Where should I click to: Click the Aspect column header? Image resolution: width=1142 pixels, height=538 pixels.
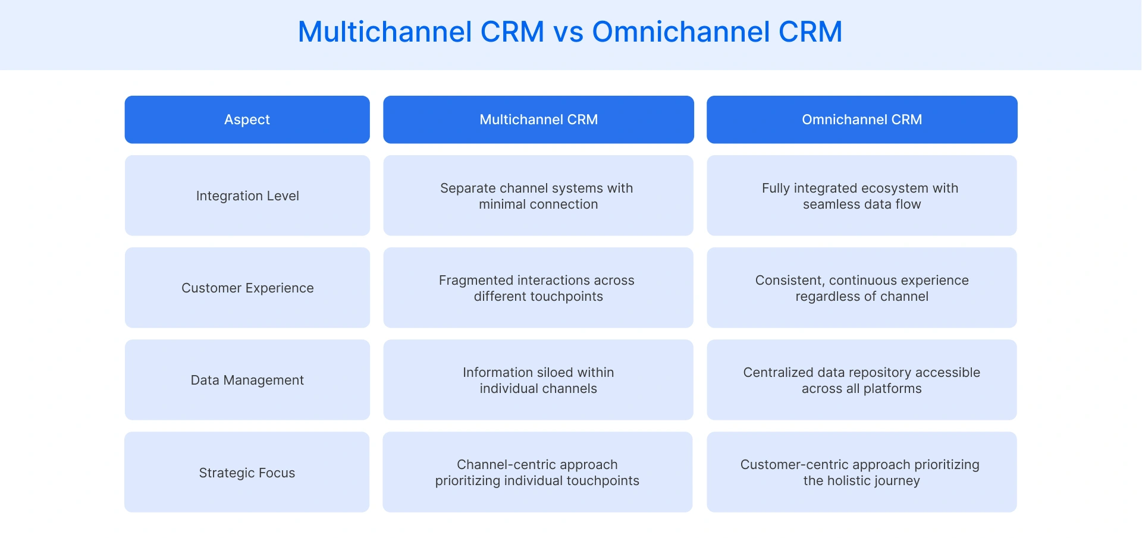point(247,119)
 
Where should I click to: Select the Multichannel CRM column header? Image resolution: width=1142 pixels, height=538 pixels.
point(538,119)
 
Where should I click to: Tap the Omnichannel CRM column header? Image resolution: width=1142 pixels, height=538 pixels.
point(862,119)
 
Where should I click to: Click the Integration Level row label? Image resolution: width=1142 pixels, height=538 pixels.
point(247,196)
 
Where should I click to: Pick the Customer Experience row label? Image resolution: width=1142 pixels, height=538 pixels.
point(247,288)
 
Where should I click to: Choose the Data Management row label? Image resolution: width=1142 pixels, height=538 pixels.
point(247,380)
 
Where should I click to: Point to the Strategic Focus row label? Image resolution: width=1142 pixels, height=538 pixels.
point(247,473)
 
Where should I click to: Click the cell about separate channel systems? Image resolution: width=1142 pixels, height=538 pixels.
point(538,196)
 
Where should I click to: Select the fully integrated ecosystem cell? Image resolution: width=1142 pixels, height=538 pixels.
point(862,196)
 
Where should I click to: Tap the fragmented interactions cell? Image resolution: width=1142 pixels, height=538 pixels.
point(538,288)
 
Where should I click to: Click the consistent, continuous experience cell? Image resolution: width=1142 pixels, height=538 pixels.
point(862,288)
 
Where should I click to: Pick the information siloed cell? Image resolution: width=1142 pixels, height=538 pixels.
point(538,380)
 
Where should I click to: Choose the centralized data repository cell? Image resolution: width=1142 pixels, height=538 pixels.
point(862,380)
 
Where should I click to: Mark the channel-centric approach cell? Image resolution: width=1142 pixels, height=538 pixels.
point(538,473)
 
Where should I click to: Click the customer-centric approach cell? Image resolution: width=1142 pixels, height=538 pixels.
point(862,473)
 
